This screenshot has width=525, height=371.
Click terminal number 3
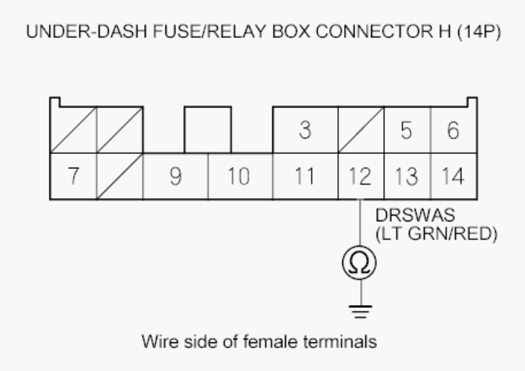click(305, 130)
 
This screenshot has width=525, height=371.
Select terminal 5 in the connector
click(407, 130)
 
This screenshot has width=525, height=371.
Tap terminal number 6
click(453, 130)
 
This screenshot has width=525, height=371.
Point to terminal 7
click(73, 176)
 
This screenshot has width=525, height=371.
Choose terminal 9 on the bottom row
click(175, 176)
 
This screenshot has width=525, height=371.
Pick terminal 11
click(305, 176)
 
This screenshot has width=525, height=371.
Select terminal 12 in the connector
click(361, 176)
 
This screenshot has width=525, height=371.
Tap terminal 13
click(407, 176)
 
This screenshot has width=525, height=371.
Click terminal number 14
click(453, 176)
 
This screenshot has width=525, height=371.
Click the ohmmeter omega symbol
click(360, 263)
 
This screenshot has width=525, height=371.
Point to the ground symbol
click(360, 312)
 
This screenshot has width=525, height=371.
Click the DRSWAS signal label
click(415, 216)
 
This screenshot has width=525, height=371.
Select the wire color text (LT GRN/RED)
click(436, 233)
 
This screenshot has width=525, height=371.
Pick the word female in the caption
click(271, 342)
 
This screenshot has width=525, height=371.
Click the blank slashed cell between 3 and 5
click(361, 130)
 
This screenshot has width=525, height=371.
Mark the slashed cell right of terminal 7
click(120, 176)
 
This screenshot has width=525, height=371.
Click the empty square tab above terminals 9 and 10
click(208, 130)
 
